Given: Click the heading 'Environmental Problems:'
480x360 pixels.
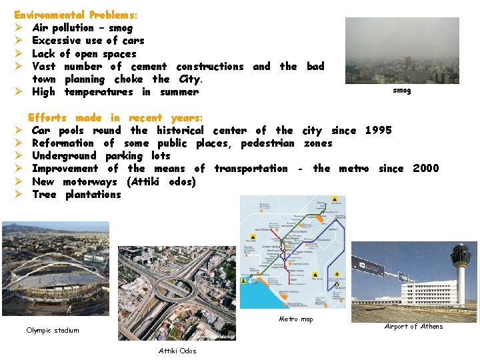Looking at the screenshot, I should pyautogui.click(x=76, y=14).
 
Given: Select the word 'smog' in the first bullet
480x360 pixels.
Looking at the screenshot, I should pyautogui.click(x=120, y=28).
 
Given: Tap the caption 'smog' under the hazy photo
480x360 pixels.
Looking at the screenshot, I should pyautogui.click(x=402, y=91).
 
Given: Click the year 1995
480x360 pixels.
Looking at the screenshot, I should pyautogui.click(x=379, y=131).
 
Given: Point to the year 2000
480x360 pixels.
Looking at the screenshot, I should pyautogui.click(x=426, y=169).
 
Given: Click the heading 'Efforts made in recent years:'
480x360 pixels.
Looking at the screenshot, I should pyautogui.click(x=115, y=117).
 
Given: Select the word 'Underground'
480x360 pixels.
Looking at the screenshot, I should pyautogui.click(x=64, y=156).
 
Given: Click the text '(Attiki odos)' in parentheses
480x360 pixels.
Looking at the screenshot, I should pyautogui.click(x=161, y=182).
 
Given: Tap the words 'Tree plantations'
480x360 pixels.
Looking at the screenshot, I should pyautogui.click(x=77, y=195).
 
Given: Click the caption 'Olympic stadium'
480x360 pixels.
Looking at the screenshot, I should pyautogui.click(x=53, y=331).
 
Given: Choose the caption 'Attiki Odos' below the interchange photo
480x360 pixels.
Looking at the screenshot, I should pyautogui.click(x=177, y=351).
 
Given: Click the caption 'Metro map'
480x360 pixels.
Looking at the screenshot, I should pyautogui.click(x=295, y=319).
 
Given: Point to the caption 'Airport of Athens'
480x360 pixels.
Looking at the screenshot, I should pyautogui.click(x=413, y=327).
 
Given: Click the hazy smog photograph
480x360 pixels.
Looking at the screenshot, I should pyautogui.click(x=402, y=51).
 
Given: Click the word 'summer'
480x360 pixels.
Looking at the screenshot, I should pyautogui.click(x=179, y=92).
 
